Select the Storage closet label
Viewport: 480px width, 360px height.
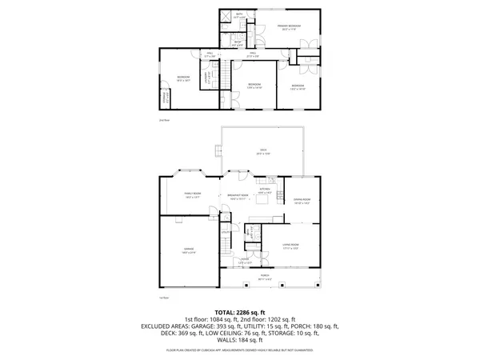tap(166, 99)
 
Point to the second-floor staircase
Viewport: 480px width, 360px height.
tap(226, 77)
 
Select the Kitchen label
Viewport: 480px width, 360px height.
tap(265, 190)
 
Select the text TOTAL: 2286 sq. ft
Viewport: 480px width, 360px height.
tap(239, 312)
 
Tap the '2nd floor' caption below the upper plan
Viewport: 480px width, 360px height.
tap(164, 120)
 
